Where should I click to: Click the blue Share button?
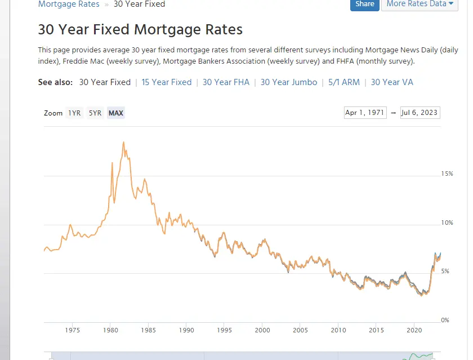pyautogui.click(x=364, y=4)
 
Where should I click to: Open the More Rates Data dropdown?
pyautogui.click(x=420, y=4)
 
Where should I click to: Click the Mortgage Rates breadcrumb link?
pyautogui.click(x=69, y=4)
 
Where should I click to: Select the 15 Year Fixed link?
pyautogui.click(x=167, y=82)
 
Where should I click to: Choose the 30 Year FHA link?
pyautogui.click(x=226, y=82)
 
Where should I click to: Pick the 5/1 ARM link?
pyautogui.click(x=344, y=82)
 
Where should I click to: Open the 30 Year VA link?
pyautogui.click(x=392, y=82)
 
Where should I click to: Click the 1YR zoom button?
pyautogui.click(x=74, y=113)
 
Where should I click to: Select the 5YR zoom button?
pyautogui.click(x=95, y=113)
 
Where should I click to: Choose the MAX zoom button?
pyautogui.click(x=116, y=113)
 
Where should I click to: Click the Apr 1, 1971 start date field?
pyautogui.click(x=365, y=113)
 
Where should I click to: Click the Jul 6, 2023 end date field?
pyautogui.click(x=420, y=113)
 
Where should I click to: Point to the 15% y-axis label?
pyautogui.click(x=447, y=174)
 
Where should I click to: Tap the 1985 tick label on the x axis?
pyautogui.click(x=148, y=330)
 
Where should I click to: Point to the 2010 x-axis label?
pyautogui.click(x=338, y=330)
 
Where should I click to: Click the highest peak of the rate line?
pyautogui.click(x=123, y=143)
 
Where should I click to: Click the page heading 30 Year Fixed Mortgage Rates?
pyautogui.click(x=140, y=29)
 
